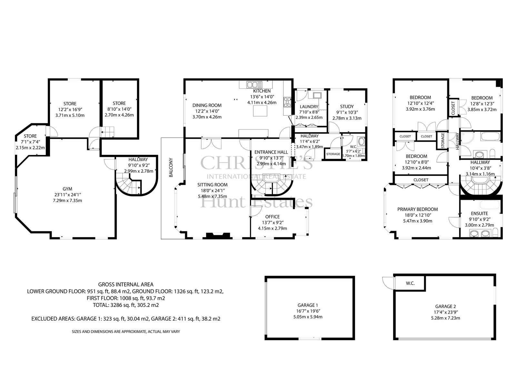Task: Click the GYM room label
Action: coord(67,189)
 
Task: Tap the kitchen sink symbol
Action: coord(254,85)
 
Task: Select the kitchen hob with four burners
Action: coord(287,102)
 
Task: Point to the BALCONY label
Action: coord(171,167)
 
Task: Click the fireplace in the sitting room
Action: coord(218,235)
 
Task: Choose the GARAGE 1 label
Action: coord(308,305)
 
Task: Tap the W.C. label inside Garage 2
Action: coord(410,283)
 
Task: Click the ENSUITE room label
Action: coord(479,214)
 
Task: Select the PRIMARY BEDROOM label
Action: coord(418,209)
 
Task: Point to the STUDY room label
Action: coord(347,106)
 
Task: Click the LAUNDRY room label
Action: coord(309,107)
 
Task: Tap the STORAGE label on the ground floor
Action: coord(333,154)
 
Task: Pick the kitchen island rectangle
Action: coord(260,111)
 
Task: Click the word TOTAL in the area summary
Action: coord(100,305)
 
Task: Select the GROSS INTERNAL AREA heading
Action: coord(126,285)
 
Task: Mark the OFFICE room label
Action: coord(272,217)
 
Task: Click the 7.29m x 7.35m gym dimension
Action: coord(67,201)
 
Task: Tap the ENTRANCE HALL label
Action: coord(271,152)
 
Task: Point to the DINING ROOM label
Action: coord(207,106)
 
